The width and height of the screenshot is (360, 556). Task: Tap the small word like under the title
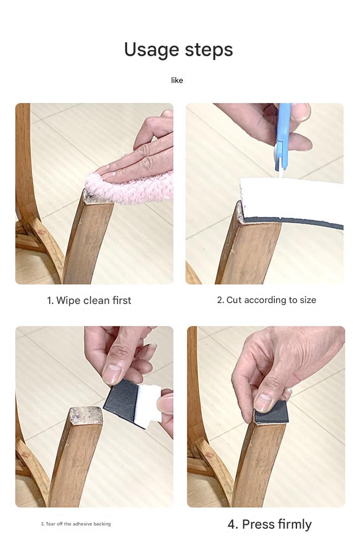tap(177, 80)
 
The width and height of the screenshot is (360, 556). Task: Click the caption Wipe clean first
tap(89, 300)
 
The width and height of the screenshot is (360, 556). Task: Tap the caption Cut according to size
tap(267, 300)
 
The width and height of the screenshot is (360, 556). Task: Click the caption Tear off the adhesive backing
tap(76, 524)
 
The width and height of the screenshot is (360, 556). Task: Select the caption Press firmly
tap(270, 524)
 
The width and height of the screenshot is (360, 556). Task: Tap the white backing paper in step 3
tap(149, 407)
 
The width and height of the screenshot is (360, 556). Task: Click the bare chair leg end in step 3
tap(86, 415)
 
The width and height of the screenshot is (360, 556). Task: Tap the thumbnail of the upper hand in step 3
tap(111, 374)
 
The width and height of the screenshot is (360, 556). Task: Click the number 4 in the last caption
tap(232, 524)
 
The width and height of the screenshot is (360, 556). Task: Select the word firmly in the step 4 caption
tap(295, 524)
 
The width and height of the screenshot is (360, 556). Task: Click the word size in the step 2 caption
tap(308, 300)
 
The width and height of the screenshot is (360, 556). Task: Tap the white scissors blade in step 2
tap(281, 168)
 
